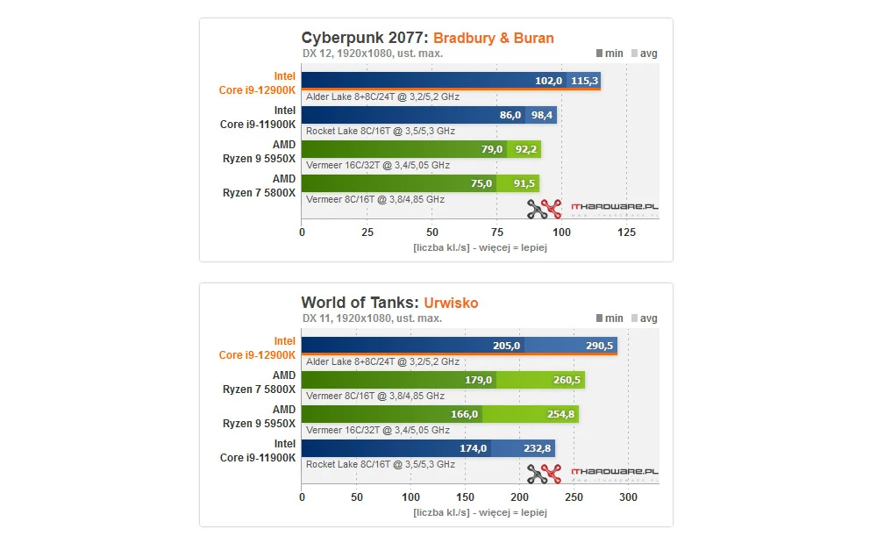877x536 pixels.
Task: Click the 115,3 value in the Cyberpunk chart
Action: (584, 81)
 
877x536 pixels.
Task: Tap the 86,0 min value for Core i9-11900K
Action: (510, 115)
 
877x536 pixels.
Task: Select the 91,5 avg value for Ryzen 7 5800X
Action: (525, 183)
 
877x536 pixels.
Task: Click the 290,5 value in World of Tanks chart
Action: (599, 346)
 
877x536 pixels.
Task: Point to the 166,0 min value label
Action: (466, 414)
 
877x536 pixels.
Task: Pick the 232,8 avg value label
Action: (537, 448)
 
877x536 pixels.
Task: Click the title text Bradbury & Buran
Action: (494, 38)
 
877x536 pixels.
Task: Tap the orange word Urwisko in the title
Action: (451, 303)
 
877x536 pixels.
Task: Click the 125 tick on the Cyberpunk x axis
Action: (626, 232)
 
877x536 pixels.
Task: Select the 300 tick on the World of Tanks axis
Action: (628, 497)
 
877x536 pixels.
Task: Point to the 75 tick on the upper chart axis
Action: (496, 232)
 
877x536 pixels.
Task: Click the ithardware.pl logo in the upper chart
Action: (593, 209)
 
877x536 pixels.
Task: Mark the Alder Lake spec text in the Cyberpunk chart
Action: (381, 97)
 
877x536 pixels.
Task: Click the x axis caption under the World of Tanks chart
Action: (480, 511)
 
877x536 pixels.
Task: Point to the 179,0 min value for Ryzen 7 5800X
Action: (477, 380)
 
